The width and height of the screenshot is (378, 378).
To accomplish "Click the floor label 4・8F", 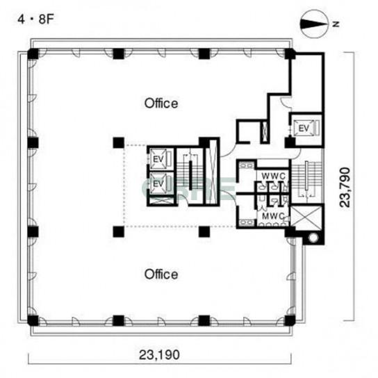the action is click(x=35, y=19).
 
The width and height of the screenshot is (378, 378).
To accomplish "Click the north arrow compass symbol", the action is click(x=314, y=24).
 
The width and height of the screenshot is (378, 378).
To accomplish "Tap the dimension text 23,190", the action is click(x=159, y=355).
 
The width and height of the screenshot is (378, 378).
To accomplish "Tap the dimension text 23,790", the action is click(x=345, y=187).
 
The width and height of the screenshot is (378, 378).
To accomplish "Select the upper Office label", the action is click(x=161, y=103).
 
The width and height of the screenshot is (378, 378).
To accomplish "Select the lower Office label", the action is click(x=161, y=274).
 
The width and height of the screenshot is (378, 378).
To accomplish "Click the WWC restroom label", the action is click(x=274, y=176).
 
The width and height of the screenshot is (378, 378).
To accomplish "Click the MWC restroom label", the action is click(x=273, y=216).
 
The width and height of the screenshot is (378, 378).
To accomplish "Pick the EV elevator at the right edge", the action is click(x=304, y=129).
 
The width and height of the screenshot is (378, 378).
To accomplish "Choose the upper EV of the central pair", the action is click(x=158, y=159).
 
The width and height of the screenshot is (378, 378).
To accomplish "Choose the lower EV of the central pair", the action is click(x=158, y=184).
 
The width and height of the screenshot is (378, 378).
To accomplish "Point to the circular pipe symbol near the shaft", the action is click(x=313, y=238).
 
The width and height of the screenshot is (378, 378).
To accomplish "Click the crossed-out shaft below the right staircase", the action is click(x=306, y=217).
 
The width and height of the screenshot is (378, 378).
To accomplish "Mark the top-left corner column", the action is click(x=33, y=54).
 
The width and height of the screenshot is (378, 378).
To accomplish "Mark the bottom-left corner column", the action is click(x=33, y=320).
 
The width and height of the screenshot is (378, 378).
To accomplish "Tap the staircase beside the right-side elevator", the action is click(x=306, y=179).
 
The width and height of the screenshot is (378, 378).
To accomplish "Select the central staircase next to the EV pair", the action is click(x=190, y=176).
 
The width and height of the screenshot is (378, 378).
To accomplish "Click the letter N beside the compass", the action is click(x=336, y=24).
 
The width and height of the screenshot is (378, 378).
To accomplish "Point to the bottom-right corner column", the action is click(x=290, y=320).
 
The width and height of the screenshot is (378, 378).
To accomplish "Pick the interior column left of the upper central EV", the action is click(x=119, y=142).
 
